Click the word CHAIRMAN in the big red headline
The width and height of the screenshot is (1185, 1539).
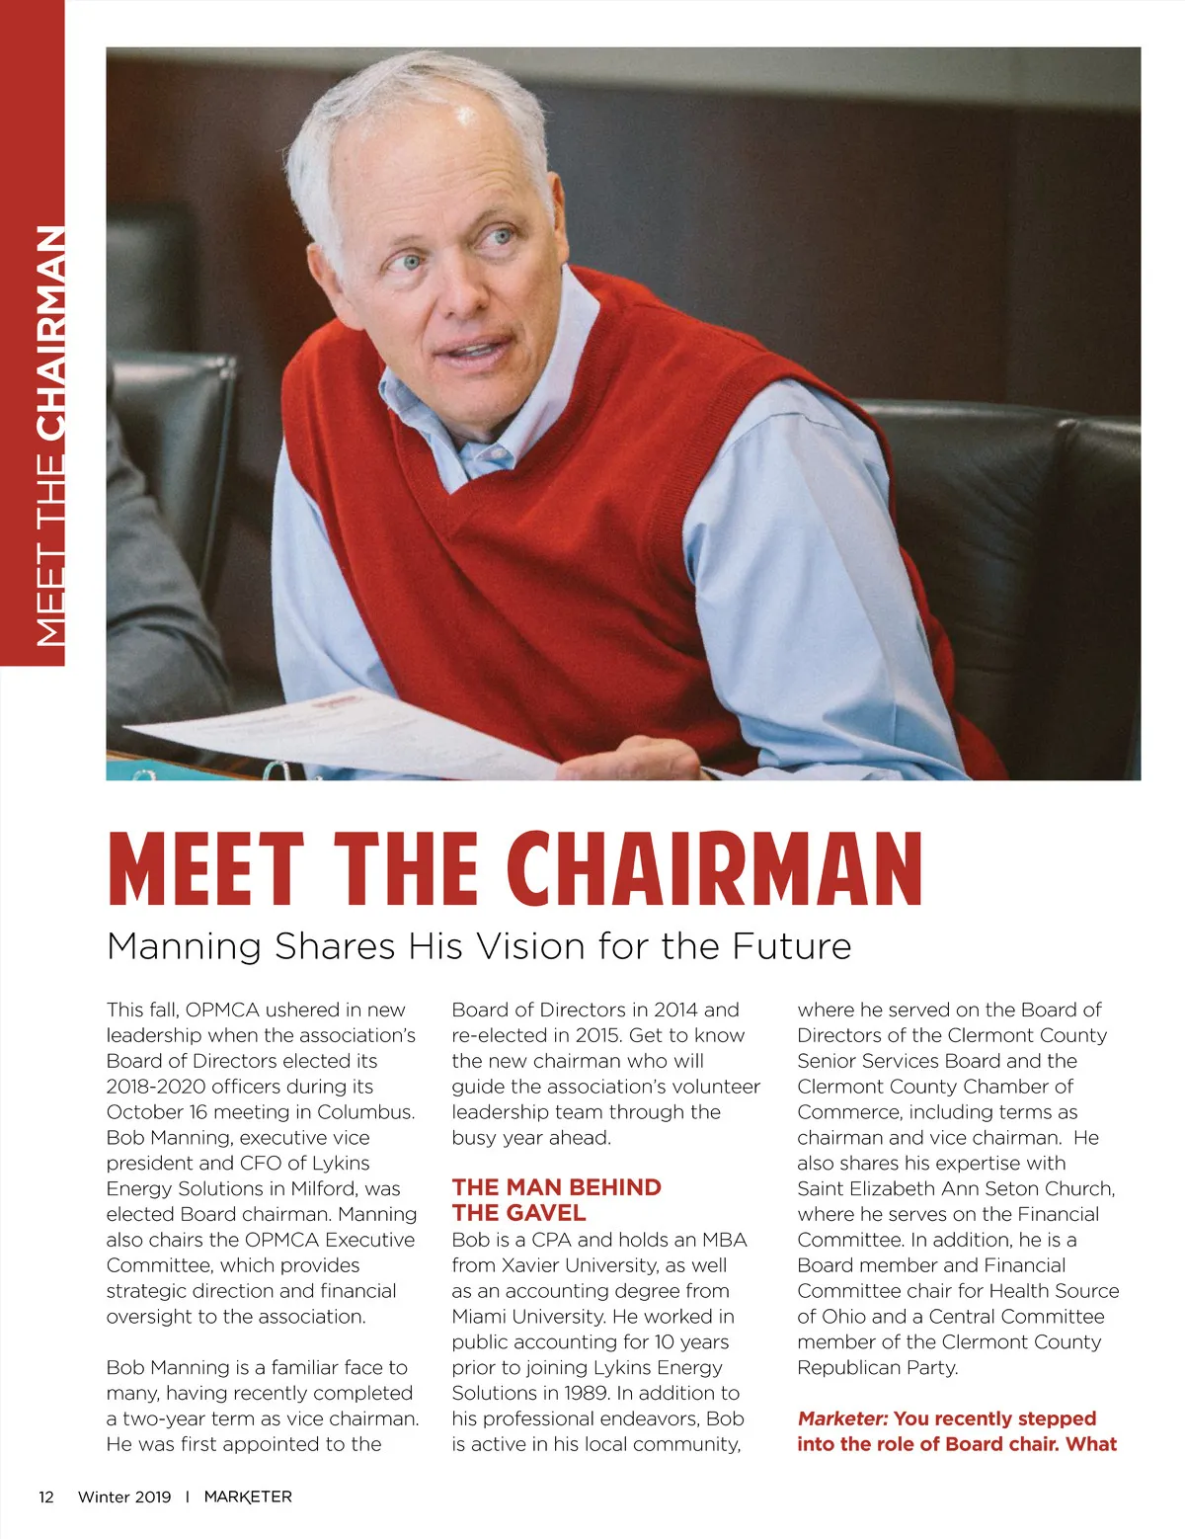722,869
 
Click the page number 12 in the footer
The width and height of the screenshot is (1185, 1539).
46,1497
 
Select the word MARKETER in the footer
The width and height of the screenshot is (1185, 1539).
248,1497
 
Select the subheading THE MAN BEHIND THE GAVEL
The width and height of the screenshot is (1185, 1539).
556,1199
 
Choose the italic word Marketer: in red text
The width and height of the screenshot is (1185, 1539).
842,1418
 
